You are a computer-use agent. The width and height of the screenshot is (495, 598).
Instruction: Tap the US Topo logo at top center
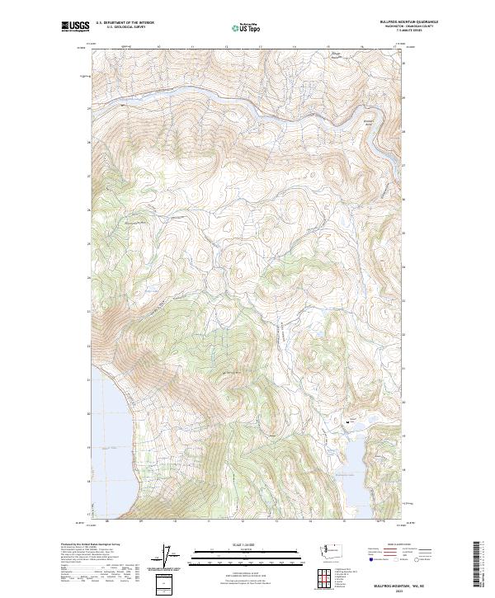pyautogui.click(x=245, y=27)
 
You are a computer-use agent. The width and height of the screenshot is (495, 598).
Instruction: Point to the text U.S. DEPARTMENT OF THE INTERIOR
pyautogui.click(x=125, y=23)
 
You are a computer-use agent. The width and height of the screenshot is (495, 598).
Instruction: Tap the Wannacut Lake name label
pyautogui.click(x=345, y=475)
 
